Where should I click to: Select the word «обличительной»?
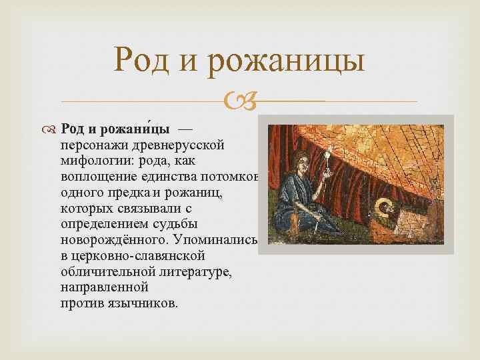(x=100, y=272)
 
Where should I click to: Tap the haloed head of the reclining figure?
(x=385, y=210)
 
